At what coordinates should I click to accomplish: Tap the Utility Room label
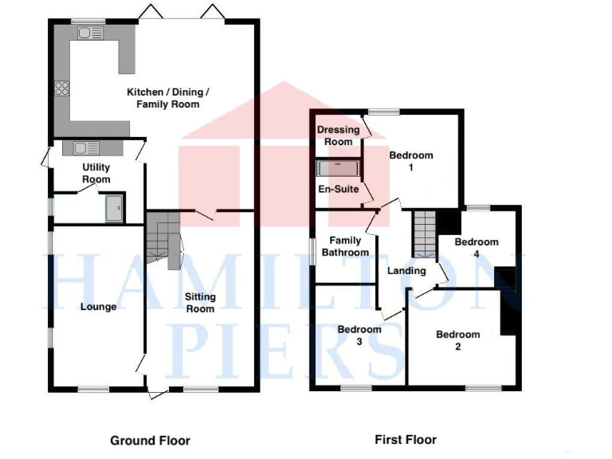pos(96,173)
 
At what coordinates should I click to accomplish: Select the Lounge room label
pos(99,307)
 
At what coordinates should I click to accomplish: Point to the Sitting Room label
pos(200,303)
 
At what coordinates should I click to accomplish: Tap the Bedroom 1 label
pos(411,161)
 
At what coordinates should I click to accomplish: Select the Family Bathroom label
pos(345,246)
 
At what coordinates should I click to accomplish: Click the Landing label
pos(406,271)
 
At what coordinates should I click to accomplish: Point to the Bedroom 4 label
pos(477,248)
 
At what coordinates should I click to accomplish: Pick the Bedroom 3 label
pos(359,335)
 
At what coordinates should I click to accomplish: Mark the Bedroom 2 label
pos(458,340)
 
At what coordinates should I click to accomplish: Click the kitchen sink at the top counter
pos(89,33)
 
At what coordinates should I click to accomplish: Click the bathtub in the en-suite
pos(339,168)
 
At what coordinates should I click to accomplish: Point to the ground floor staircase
pos(163,239)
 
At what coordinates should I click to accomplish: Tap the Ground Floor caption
pos(150,440)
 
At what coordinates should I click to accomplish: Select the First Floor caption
pos(406,439)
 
